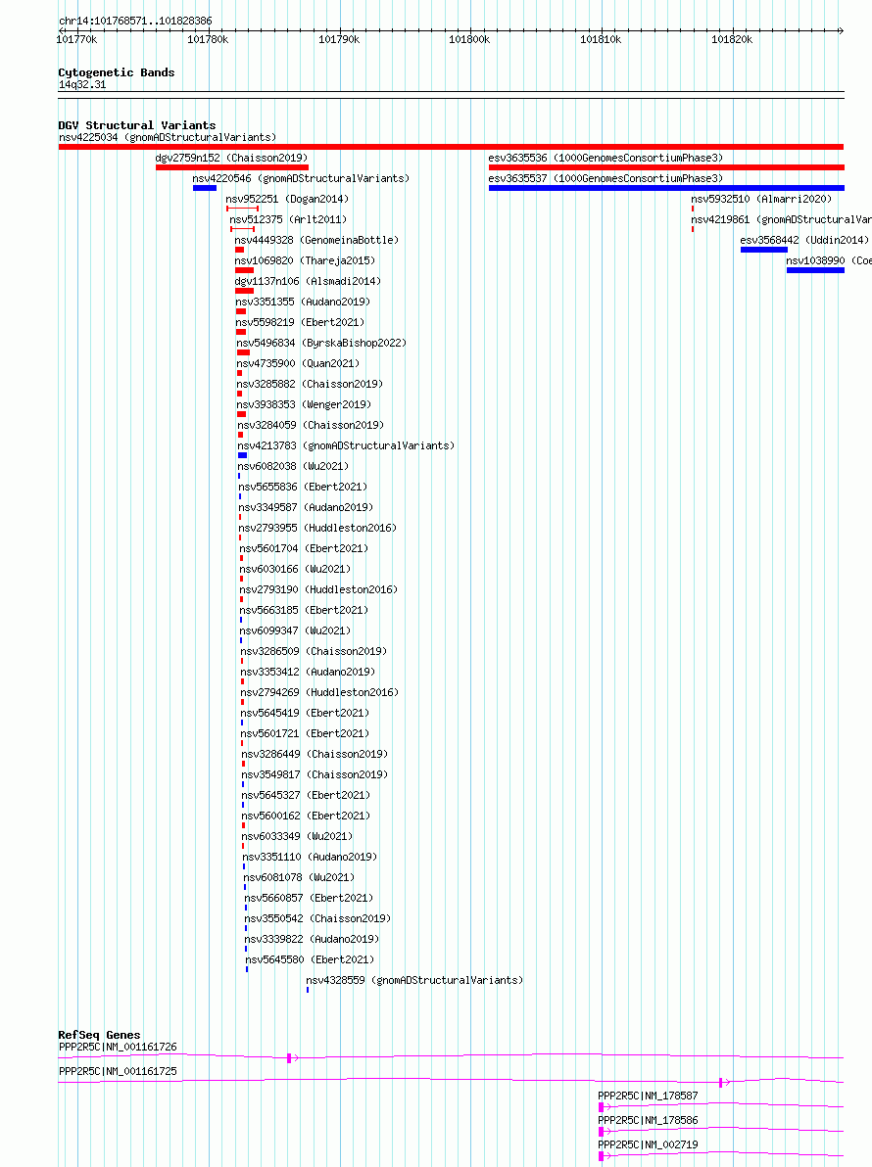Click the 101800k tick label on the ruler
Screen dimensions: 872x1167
coord(469,39)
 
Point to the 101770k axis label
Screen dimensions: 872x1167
coord(76,39)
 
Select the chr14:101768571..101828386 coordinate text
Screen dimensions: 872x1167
coord(135,21)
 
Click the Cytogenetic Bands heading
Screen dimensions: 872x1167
coord(117,72)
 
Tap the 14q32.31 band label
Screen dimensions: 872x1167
coord(82,85)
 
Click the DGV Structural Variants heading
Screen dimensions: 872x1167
coord(137,125)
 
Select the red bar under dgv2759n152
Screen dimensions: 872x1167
coord(231,167)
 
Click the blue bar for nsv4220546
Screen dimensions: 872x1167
coord(204,188)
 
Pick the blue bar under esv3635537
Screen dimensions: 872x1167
coord(666,188)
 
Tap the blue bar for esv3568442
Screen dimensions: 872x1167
coord(764,250)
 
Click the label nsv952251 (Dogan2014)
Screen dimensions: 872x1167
coord(287,199)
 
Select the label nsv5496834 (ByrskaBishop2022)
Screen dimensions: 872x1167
coord(321,343)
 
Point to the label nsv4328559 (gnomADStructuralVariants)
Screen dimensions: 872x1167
coord(414,980)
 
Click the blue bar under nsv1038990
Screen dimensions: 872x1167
coord(815,271)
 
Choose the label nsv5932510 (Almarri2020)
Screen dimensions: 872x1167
coord(761,199)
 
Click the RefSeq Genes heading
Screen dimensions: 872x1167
coord(99,1035)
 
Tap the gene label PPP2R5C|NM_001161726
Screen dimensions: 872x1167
coord(118,1048)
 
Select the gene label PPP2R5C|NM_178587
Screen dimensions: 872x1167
coord(648,1096)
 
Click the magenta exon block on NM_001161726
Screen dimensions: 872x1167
coord(289,1057)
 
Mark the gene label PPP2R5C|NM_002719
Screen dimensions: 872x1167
coord(648,1144)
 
